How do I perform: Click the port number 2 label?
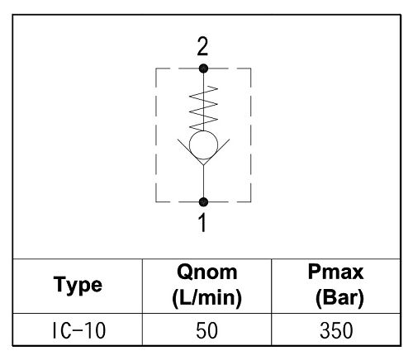[202, 47]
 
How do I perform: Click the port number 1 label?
[202, 223]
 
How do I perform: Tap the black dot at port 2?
[203, 69]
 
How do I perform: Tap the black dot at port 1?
[203, 202]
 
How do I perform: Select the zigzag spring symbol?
[203, 108]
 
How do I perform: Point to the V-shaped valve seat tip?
[203, 165]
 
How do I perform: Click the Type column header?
[78, 286]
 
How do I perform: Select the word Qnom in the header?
[207, 272]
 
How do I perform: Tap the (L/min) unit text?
[207, 298]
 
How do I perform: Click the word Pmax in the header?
[336, 272]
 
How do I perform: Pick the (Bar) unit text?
[339, 298]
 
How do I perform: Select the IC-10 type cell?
[78, 330]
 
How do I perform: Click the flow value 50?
[206, 330]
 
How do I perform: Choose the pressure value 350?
[336, 330]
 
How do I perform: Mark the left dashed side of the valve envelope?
[156, 135]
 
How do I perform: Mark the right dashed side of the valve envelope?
[250, 135]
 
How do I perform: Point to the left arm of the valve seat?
[191, 152]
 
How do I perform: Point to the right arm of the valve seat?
[216, 152]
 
